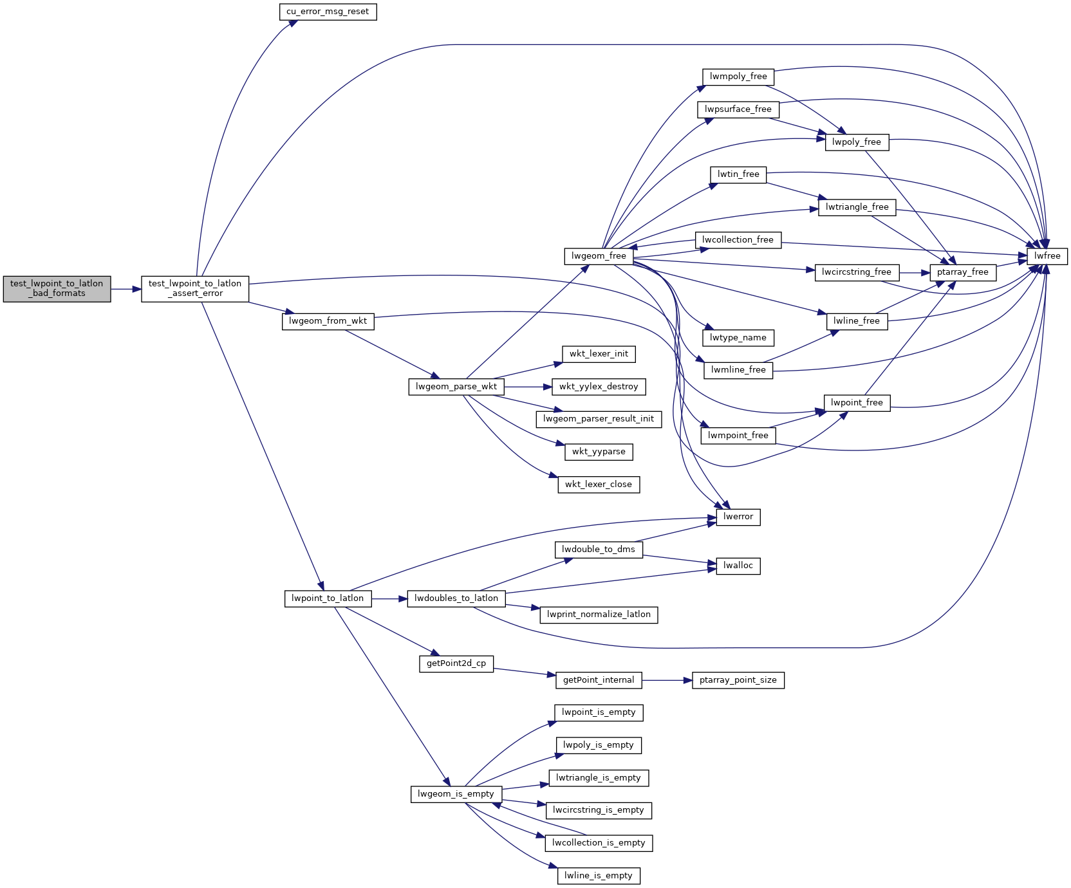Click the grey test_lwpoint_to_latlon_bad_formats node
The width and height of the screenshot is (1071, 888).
(x=57, y=289)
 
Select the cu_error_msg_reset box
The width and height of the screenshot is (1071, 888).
(x=328, y=12)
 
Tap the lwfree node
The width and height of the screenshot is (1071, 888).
(x=1047, y=256)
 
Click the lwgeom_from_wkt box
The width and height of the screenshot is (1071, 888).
(x=328, y=321)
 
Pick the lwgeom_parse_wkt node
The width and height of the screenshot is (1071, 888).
(x=456, y=387)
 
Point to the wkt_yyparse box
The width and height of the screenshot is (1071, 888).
(x=599, y=452)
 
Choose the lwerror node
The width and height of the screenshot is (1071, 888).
(x=738, y=517)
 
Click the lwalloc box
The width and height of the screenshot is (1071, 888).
(x=738, y=566)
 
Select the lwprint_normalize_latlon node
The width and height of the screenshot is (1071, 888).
(x=599, y=615)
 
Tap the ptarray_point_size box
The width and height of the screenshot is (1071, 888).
(x=738, y=680)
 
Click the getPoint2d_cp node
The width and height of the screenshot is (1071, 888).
(x=456, y=663)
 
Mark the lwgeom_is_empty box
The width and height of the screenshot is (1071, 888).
(x=456, y=794)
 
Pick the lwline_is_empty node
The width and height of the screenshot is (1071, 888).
(x=599, y=876)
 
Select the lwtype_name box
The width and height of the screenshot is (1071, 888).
(x=738, y=338)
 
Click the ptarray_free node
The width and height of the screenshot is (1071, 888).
(x=962, y=272)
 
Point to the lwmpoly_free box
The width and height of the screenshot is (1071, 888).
(x=738, y=77)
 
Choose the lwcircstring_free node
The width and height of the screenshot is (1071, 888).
(x=856, y=272)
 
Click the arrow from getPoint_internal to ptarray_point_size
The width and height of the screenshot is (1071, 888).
(x=667, y=680)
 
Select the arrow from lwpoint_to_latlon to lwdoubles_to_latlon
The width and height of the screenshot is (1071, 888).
(x=389, y=599)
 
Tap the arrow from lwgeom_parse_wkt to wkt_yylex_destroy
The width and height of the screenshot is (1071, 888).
(x=528, y=387)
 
